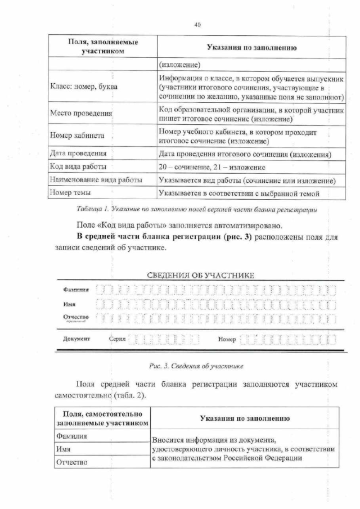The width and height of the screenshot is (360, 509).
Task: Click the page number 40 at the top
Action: pyautogui.click(x=197, y=24)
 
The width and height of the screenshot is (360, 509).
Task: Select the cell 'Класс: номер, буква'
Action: pyautogui.click(x=84, y=87)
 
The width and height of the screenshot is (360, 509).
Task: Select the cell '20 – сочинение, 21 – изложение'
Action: pyautogui.click(x=213, y=167)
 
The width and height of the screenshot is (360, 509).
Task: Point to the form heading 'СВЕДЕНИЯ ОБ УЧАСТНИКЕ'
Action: pyautogui.click(x=200, y=276)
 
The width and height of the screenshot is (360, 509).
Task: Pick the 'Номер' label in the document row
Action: pyautogui.click(x=227, y=340)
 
